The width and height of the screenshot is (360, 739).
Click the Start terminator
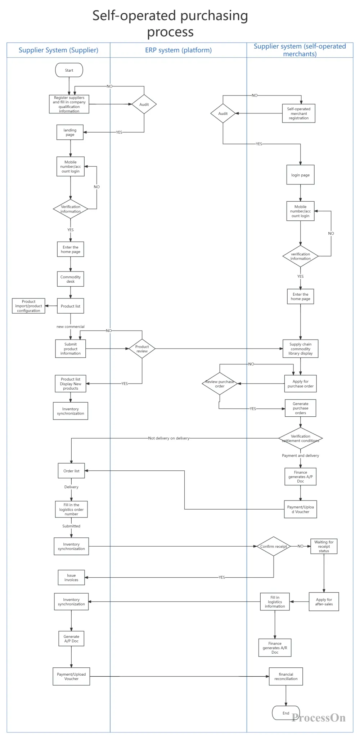coord(69,70)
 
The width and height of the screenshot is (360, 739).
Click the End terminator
coord(286,713)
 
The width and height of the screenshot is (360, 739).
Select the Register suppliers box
coord(69,104)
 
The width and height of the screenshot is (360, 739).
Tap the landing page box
coord(70,132)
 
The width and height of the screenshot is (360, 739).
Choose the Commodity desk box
coord(71,279)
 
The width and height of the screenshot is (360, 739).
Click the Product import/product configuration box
coord(28,306)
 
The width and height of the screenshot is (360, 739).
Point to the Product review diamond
coord(142,349)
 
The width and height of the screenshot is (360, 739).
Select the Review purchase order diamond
coord(220,384)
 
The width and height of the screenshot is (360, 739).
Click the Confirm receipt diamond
coord(274,546)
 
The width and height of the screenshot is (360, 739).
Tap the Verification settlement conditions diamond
coord(301,438)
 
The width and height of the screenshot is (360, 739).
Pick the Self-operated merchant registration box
coord(299,113)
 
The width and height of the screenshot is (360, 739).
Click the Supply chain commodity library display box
coord(301,349)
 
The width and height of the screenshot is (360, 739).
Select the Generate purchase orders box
coord(301,408)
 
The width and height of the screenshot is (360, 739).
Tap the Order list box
coord(71,471)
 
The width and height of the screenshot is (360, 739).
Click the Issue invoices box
coord(71,577)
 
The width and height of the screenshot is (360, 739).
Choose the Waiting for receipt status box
coord(324,546)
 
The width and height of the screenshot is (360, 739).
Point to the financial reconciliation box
coord(286,676)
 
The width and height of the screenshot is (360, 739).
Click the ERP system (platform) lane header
coord(179,50)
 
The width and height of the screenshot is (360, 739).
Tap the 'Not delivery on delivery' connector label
coord(169,438)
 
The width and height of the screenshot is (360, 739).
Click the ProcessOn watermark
coord(319,718)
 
